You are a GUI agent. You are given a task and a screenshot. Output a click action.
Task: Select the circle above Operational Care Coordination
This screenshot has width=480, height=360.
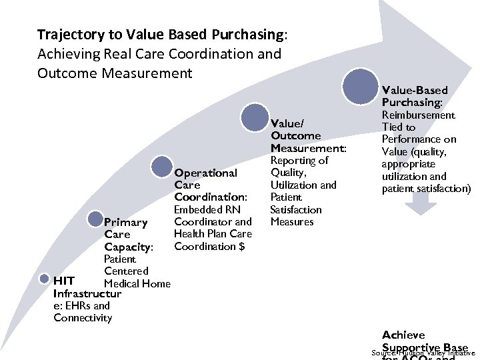(x=163, y=167)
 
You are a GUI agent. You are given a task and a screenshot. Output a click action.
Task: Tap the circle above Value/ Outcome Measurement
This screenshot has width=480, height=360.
(x=255, y=117)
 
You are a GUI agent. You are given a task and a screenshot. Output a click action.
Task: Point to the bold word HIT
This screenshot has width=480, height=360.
(x=63, y=281)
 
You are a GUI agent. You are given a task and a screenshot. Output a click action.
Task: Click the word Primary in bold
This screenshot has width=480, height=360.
(x=126, y=222)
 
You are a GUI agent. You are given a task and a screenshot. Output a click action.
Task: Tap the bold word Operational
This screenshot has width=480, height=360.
(x=205, y=173)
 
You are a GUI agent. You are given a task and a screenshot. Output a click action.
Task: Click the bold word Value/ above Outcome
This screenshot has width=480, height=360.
(x=287, y=123)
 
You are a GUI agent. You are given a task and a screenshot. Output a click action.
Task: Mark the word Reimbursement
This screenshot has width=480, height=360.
(x=418, y=115)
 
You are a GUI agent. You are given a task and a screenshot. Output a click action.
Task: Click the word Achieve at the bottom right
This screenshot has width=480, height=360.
(x=403, y=335)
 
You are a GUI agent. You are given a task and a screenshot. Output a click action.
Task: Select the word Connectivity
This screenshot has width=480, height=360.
(x=83, y=317)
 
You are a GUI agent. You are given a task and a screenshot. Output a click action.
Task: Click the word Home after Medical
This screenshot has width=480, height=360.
(x=156, y=284)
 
